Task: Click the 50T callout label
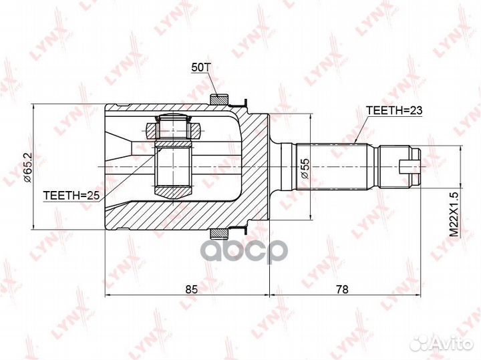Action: click(200, 67)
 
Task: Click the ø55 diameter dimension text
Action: click(304, 167)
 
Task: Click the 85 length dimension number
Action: click(190, 289)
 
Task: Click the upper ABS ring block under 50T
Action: click(218, 100)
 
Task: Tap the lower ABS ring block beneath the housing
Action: click(218, 233)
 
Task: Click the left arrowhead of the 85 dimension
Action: click(109, 295)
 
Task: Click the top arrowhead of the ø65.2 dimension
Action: click(33, 108)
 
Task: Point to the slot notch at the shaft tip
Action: click(408, 165)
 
